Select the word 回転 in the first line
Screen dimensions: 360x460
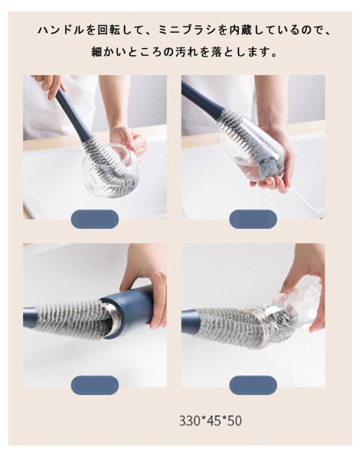109,30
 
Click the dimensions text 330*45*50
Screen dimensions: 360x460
210,421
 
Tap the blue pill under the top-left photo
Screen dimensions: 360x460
94,219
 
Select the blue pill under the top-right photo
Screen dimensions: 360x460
253,219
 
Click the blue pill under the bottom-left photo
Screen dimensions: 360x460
94,385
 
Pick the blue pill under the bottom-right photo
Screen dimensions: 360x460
253,385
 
